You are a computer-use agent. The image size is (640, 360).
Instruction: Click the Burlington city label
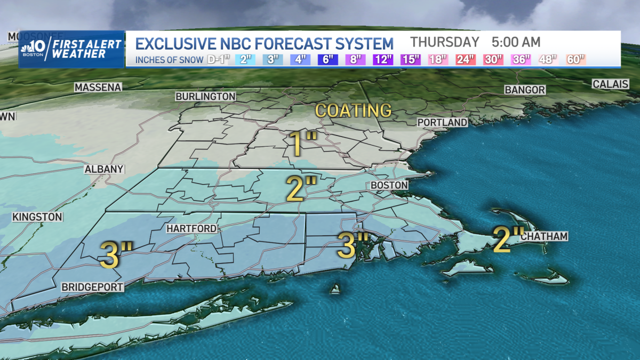click(206, 97)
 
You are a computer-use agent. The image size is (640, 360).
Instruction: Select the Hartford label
click(191, 229)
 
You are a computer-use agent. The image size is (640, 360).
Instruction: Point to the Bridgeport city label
click(92, 287)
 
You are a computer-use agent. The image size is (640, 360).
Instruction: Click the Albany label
click(104, 169)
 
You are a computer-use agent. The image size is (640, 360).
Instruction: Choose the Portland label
click(442, 123)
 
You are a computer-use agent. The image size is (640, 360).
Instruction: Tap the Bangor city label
click(525, 90)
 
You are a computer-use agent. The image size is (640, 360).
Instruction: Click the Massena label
click(98, 87)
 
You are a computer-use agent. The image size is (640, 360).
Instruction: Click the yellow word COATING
click(354, 110)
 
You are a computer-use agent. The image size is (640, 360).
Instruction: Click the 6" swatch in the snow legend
click(326, 59)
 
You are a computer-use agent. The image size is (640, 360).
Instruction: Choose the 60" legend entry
click(575, 59)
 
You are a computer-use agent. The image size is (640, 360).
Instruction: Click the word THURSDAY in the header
click(445, 42)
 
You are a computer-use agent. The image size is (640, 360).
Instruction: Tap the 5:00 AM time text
click(516, 42)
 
